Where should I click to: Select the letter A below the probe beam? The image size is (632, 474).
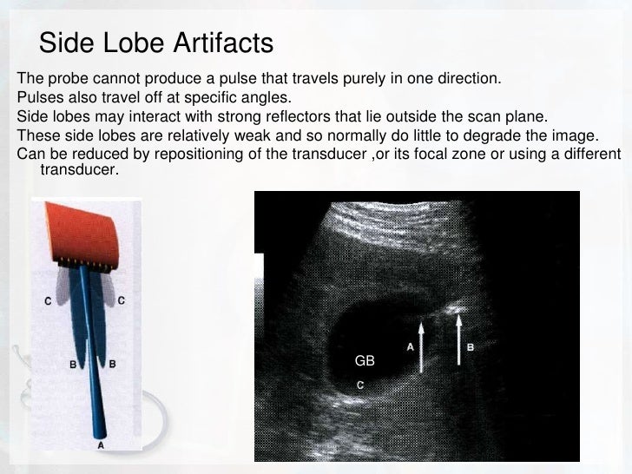coord(102,444)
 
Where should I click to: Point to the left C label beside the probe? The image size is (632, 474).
coord(49,300)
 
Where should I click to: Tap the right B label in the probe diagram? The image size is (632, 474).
coord(113,364)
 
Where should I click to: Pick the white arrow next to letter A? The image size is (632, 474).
coord(421,347)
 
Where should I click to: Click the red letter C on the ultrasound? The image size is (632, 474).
coord(360,382)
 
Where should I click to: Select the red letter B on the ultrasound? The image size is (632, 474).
coord(471,347)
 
